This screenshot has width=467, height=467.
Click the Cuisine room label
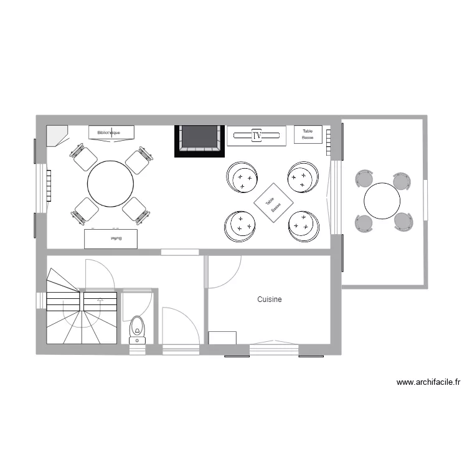click(x=270, y=300)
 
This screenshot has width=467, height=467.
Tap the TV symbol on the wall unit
click(x=256, y=135)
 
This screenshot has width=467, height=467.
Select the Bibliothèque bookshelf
click(x=111, y=132)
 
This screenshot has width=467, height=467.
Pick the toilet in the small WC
click(x=137, y=328)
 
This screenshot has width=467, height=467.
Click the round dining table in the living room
click(x=110, y=184)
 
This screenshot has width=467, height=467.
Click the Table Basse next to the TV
click(x=308, y=134)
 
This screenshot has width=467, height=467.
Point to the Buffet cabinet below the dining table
click(x=111, y=238)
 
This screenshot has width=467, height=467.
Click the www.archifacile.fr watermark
click(x=428, y=383)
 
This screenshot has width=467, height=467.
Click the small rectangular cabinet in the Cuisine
click(x=222, y=337)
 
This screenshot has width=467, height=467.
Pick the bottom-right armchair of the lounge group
click(x=303, y=225)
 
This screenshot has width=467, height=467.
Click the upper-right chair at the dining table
click(x=138, y=160)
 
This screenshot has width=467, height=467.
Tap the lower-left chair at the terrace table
click(x=364, y=222)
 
